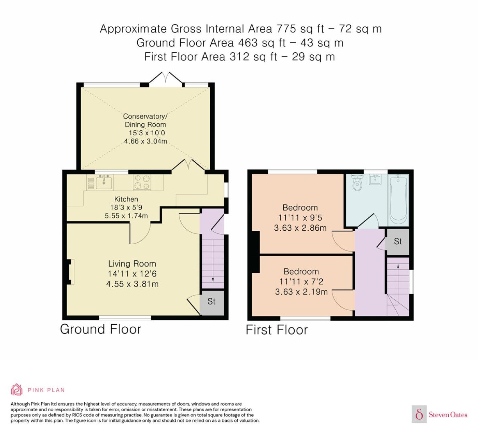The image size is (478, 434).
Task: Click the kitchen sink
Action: pos(104,182)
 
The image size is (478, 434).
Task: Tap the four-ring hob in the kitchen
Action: pos(142,182)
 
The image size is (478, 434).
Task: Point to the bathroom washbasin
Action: pos(375,179)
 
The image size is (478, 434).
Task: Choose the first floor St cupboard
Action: pos(398,242)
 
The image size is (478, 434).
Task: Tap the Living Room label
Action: pos(132,263)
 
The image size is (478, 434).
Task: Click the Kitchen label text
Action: pos(126,199)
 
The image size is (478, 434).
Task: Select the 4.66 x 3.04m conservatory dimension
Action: pos(145,141)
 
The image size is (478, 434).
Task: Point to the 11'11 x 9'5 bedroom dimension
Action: pos(300,218)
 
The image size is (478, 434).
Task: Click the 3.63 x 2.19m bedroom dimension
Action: pos(301,291)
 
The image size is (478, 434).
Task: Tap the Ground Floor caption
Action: pos(101,329)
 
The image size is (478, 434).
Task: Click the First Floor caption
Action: pos(277,330)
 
